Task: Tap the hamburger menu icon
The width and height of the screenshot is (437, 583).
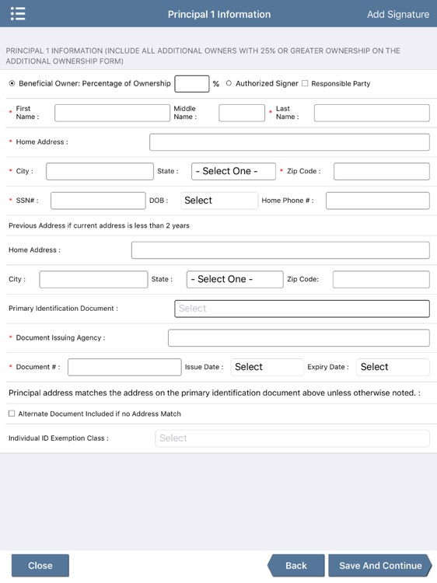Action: click(18, 14)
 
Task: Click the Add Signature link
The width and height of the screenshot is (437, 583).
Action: click(397, 14)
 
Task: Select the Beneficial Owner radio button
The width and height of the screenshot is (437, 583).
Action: click(12, 83)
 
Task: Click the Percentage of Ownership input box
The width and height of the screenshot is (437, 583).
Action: click(191, 83)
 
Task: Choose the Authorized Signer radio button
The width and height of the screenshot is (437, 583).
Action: click(229, 83)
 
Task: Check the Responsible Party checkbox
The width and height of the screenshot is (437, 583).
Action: click(305, 83)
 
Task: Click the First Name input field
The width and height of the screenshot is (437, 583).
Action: click(112, 113)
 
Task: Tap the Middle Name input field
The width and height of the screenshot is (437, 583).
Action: click(242, 113)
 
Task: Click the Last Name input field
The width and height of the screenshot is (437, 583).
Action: click(371, 113)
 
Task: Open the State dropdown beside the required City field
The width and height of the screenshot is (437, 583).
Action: click(233, 171)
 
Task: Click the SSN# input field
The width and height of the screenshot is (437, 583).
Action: click(98, 201)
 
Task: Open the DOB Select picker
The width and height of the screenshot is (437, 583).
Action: click(218, 201)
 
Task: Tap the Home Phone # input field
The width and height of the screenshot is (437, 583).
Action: click(377, 201)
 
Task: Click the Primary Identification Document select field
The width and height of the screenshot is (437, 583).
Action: click(302, 309)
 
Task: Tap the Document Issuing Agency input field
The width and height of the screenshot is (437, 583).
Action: click(299, 337)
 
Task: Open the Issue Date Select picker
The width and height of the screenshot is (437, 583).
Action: click(267, 367)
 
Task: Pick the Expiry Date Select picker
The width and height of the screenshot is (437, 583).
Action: click(393, 367)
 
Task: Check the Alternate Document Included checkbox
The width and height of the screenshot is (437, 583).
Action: click(12, 414)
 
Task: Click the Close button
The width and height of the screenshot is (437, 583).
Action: click(40, 565)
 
